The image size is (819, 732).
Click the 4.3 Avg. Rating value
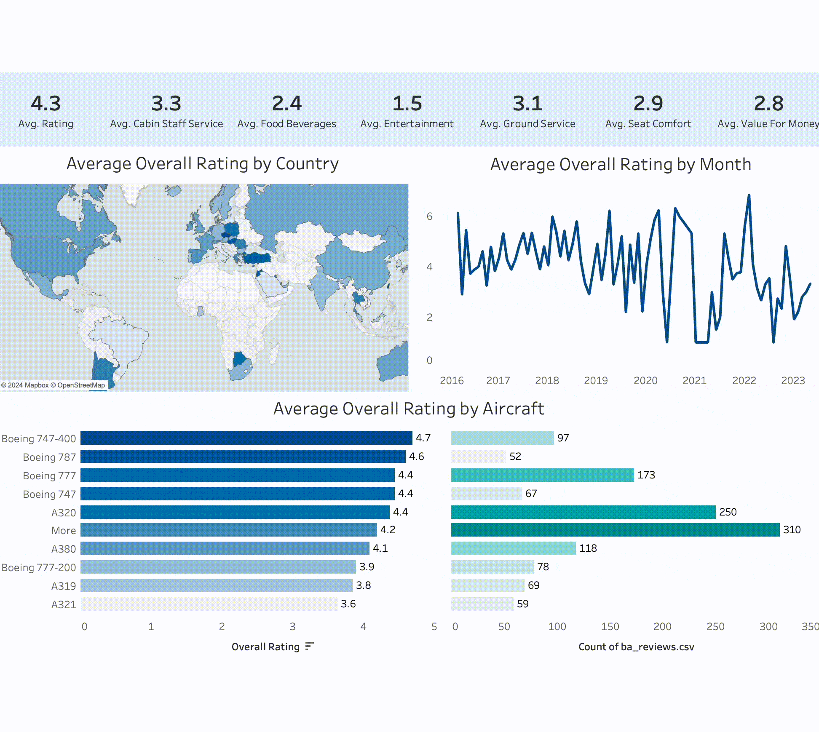click(46, 103)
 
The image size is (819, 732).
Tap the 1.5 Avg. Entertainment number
click(407, 103)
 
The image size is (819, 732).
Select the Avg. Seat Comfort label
click(648, 124)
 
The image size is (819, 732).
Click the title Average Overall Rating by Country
click(203, 163)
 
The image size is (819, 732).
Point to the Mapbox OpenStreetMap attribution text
click(53, 385)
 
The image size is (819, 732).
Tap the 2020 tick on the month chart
click(645, 381)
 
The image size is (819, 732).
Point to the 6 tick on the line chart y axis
click(429, 216)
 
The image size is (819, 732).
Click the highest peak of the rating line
click(749, 195)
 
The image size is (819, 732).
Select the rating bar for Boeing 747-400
click(246, 438)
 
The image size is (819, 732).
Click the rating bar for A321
click(209, 604)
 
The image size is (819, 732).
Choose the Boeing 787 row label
click(49, 457)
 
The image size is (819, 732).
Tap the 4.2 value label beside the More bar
click(388, 530)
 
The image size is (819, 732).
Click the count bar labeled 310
click(616, 530)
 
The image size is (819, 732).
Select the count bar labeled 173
click(543, 475)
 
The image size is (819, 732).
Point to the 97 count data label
click(563, 438)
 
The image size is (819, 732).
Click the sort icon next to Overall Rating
click(309, 646)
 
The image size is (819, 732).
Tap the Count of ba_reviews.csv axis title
click(636, 647)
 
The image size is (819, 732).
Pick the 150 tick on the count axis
click(610, 627)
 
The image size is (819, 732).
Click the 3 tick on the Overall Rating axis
click(292, 627)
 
